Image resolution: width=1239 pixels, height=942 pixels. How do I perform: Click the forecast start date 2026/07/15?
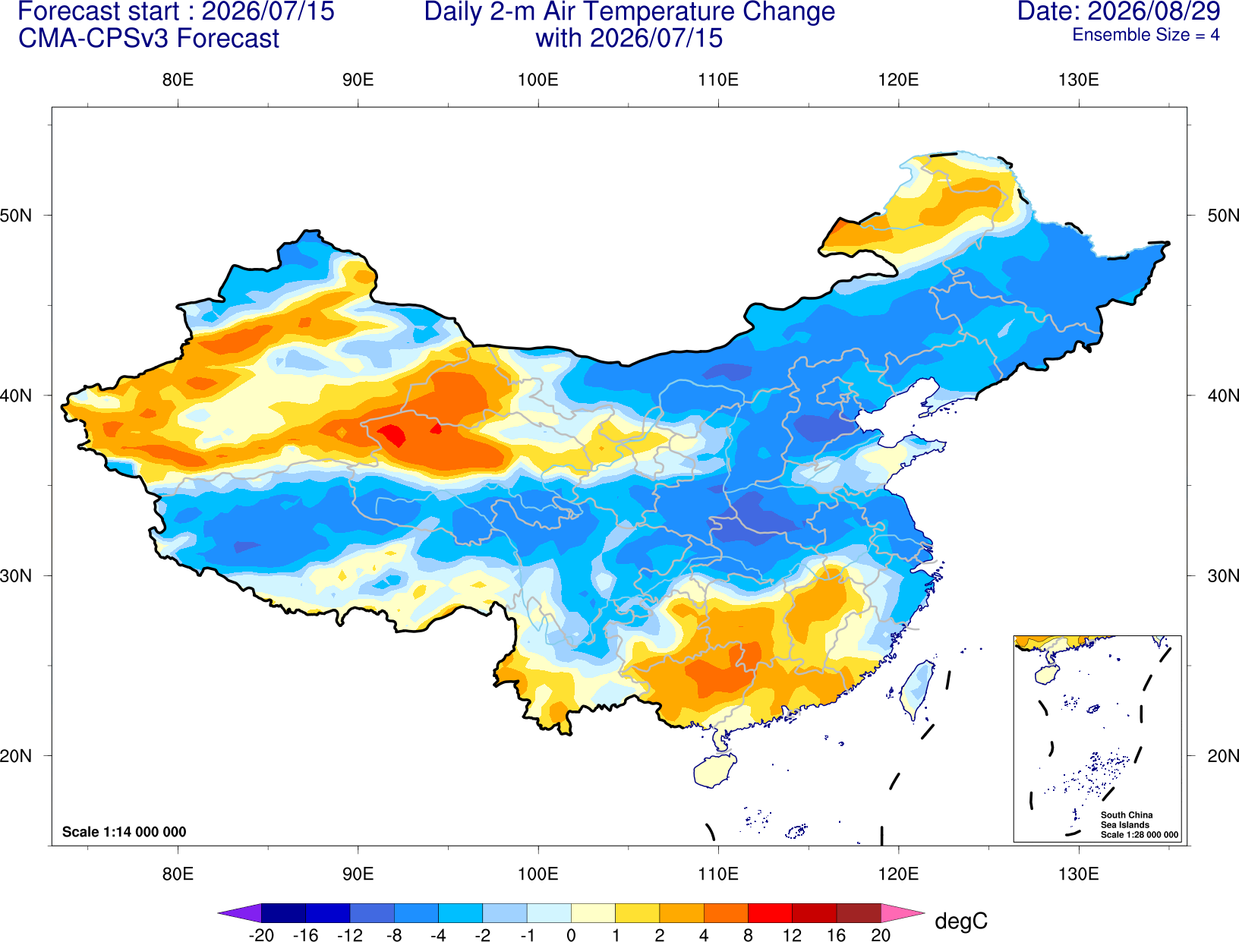point(267,11)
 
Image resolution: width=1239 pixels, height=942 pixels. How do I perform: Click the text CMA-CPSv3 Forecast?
point(149,39)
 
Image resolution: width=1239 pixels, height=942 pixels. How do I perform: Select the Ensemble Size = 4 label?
point(1146,35)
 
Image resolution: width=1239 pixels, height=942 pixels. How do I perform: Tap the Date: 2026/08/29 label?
point(1119,11)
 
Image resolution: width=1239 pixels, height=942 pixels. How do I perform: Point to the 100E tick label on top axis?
point(538,80)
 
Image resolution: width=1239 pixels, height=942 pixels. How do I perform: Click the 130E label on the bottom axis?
point(1078,874)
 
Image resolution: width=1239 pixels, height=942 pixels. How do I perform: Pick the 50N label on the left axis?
point(16,215)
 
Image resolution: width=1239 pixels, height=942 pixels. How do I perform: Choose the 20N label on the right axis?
point(1222,756)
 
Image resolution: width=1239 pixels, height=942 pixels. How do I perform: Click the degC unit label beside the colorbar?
point(960,921)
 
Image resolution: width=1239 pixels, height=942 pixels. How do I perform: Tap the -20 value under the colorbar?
point(261,935)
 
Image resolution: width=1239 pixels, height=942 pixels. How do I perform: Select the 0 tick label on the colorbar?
point(571,935)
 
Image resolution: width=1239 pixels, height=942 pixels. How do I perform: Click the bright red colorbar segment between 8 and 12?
point(770,912)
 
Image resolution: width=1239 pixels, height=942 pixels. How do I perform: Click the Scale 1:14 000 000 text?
point(125,832)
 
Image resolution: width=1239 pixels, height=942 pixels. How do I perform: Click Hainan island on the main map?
point(714,770)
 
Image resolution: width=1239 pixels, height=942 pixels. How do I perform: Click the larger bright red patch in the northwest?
point(392,435)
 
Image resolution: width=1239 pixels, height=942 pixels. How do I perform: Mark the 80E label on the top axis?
point(178,80)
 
